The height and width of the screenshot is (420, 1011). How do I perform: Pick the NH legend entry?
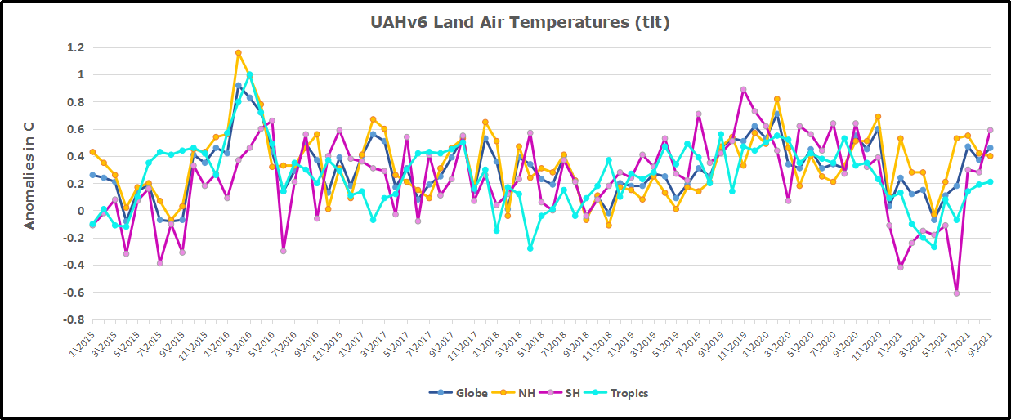[523, 393]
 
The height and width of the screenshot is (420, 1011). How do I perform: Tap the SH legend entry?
[572, 393]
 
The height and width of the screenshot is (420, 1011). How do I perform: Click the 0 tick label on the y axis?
[80, 211]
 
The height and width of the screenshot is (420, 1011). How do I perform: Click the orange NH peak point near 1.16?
[238, 53]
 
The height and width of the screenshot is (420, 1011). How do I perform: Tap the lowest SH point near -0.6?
[956, 293]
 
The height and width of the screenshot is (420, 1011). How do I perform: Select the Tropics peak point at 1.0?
[249, 75]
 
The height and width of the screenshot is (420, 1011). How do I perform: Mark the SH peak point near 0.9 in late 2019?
[743, 90]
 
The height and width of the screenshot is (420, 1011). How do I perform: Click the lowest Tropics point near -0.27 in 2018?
[530, 248]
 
